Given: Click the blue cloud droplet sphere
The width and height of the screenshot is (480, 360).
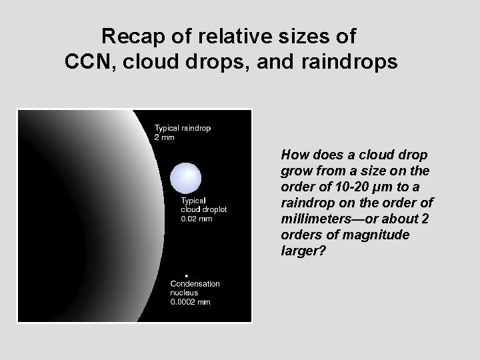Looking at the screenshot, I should click(x=185, y=177).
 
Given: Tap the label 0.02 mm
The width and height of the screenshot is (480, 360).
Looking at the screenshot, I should click(x=197, y=219).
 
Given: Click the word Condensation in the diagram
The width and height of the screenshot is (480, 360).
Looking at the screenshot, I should click(x=195, y=284).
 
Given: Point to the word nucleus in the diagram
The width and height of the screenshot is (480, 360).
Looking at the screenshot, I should click(x=184, y=293).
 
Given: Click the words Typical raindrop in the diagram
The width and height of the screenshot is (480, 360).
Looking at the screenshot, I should click(x=183, y=128).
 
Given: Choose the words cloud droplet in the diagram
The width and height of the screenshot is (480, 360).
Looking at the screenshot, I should click(x=205, y=210).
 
